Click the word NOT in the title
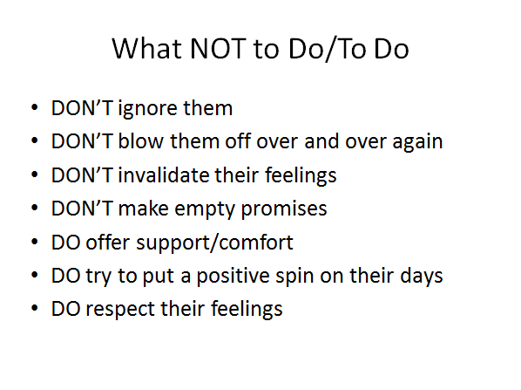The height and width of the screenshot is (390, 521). tap(218, 49)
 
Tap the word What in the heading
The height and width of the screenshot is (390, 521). tap(147, 49)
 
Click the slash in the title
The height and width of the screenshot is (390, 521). tap(331, 49)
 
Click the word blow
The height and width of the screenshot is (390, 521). tap(141, 141)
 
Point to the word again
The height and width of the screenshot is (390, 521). tap(417, 142)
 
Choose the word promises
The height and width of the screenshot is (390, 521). tap(284, 209)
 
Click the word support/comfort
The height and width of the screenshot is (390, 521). tap(214, 243)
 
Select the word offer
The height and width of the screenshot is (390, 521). tap(107, 242)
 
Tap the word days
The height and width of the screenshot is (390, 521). tap(422, 276)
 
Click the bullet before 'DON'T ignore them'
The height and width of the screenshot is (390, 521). tap(34, 108)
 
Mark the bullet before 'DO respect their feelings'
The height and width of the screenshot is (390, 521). tap(34, 308)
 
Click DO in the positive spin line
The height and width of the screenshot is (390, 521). tap(66, 276)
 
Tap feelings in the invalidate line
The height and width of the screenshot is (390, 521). tap(301, 175)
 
